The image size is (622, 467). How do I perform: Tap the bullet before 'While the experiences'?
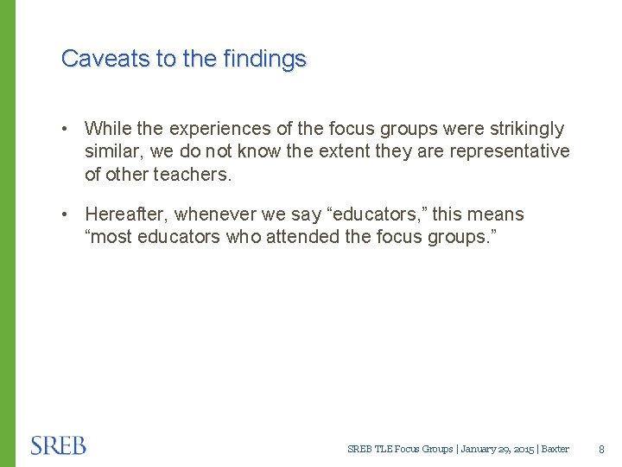click(x=66, y=129)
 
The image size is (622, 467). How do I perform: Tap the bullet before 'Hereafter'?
click(x=66, y=214)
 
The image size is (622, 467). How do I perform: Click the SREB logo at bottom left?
click(x=59, y=445)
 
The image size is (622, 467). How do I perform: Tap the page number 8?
click(x=602, y=449)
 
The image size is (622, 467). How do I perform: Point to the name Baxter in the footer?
click(x=555, y=449)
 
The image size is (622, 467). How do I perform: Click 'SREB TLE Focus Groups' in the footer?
click(x=400, y=449)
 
